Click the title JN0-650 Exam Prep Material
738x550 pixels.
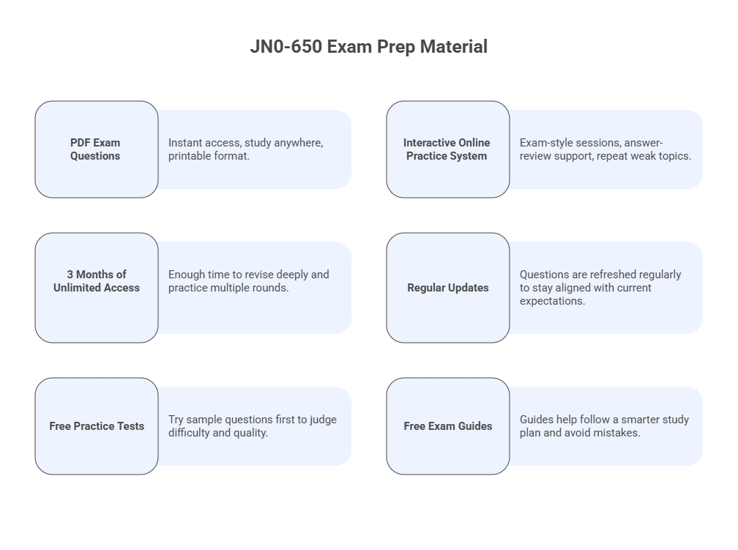(368, 47)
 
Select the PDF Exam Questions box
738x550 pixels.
(96, 149)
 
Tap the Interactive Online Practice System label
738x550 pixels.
(447, 149)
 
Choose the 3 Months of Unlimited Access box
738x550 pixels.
(96, 281)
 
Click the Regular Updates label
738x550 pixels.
(447, 288)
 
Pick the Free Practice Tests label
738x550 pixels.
(97, 426)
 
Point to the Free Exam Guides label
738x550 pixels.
(447, 426)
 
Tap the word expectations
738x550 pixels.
(552, 301)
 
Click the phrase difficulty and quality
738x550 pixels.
(218, 433)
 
